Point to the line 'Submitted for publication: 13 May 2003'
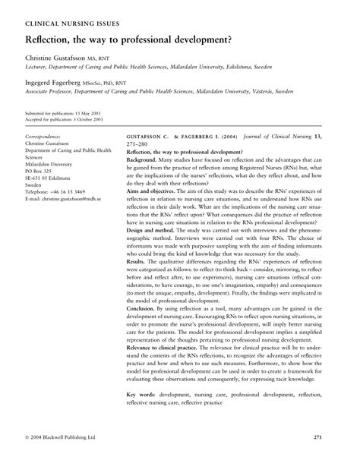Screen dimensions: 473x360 click(65, 112)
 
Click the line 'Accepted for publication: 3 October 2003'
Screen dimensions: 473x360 click(68, 118)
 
